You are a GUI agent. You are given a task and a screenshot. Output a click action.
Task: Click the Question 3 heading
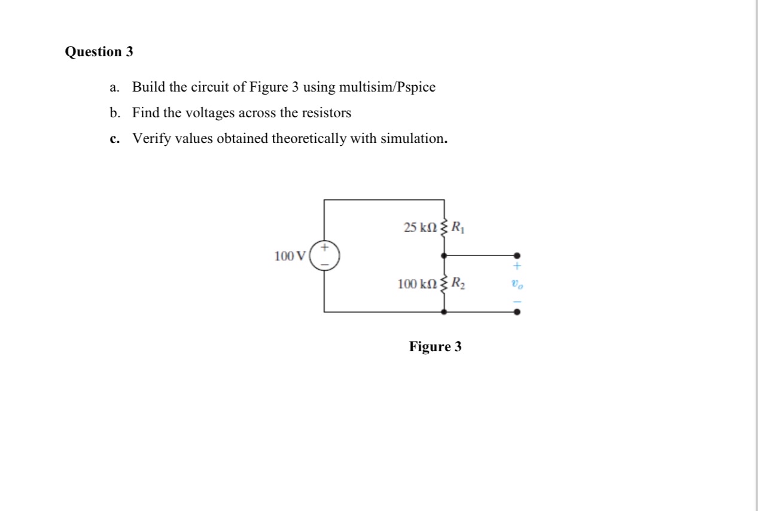tap(99, 52)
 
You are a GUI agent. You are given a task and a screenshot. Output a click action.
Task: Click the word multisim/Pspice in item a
tap(387, 87)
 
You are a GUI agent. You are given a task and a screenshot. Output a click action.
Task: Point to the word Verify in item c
tap(151, 139)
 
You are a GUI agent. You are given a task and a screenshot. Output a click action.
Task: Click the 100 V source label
tap(289, 256)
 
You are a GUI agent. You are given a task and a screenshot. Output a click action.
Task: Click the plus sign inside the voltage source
tap(325, 247)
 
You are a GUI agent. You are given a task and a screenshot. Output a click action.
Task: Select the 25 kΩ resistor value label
tap(421, 227)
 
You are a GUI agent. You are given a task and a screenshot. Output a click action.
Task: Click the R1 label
tap(457, 227)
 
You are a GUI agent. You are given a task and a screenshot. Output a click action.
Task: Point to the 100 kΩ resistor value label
tap(418, 283)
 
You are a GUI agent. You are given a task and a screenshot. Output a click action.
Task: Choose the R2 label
tap(458, 283)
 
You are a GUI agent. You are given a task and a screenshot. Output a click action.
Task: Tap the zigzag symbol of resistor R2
tap(443, 284)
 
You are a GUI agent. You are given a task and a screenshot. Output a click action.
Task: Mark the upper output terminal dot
tap(517, 255)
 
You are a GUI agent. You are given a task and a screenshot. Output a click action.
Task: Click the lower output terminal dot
tap(517, 312)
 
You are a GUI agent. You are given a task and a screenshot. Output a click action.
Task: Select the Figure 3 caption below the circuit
tap(435, 346)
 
